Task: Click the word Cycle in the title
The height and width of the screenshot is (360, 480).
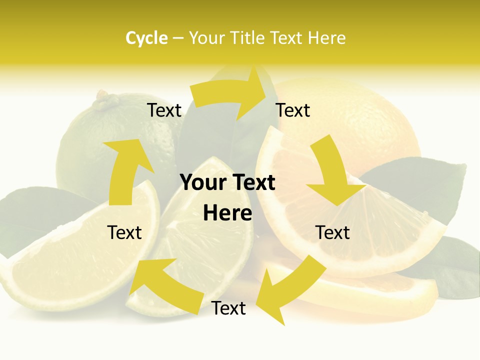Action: [146, 38]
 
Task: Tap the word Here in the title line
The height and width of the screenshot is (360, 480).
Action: [326, 38]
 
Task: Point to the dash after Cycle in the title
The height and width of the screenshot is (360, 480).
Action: [178, 38]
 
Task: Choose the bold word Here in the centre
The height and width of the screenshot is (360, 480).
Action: [227, 213]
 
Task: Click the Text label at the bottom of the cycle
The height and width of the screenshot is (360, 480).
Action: [228, 308]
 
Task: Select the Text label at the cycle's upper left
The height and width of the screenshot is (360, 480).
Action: [164, 110]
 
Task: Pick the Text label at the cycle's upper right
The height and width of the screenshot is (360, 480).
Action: [293, 110]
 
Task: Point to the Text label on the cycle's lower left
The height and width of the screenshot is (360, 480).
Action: [125, 232]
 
